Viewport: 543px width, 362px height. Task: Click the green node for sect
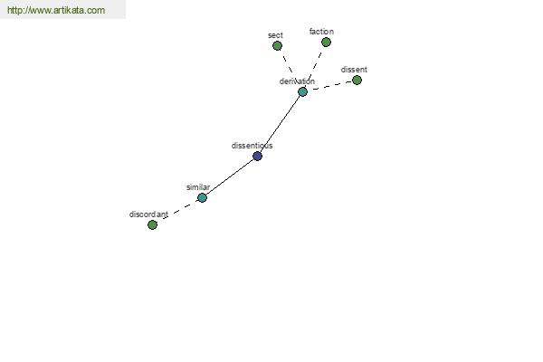(277, 46)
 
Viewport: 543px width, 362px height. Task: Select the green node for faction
(326, 43)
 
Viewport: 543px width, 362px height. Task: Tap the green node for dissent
(357, 81)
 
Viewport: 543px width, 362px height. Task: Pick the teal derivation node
(302, 91)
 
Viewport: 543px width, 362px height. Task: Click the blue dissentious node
(257, 157)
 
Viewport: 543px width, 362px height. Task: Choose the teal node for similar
(202, 198)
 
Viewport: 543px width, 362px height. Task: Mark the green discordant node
(152, 225)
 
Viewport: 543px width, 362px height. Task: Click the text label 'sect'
(275, 35)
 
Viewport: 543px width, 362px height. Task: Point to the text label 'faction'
(321, 32)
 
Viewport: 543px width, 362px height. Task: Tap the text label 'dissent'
(354, 70)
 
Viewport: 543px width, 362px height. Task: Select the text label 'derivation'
(297, 81)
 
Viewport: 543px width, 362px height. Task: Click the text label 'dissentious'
(252, 146)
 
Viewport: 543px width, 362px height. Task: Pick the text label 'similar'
(198, 187)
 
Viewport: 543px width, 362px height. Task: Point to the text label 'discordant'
(148, 214)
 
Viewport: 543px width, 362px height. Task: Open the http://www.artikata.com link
(56, 10)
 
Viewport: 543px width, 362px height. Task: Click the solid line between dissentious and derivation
(281, 124)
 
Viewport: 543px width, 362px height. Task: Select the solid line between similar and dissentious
(230, 177)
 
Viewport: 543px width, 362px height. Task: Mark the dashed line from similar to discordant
(179, 210)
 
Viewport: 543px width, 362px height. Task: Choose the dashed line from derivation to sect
(289, 64)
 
